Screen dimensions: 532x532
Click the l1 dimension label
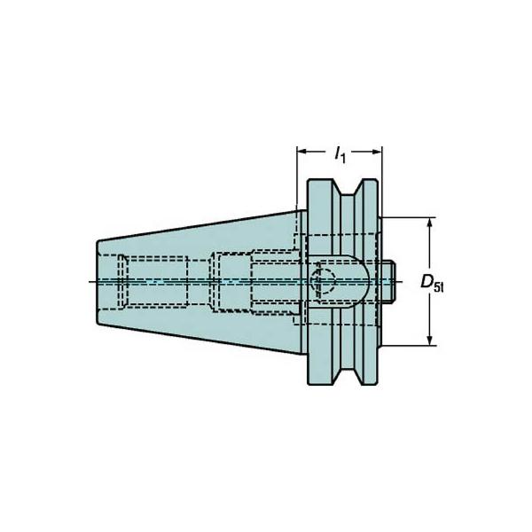pos(340,155)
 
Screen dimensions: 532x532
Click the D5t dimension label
pos(432,282)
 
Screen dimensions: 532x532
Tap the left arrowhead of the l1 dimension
pos(302,152)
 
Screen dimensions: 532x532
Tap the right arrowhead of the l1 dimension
pos(378,152)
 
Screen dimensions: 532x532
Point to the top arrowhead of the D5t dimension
pos(429,223)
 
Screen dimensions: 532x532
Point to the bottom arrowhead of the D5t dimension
pos(429,340)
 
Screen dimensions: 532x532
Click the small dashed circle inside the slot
pos(323,281)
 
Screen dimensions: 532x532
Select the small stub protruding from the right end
pos(387,281)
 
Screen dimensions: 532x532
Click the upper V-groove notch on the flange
pos(348,188)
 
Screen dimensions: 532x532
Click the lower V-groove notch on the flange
pos(348,376)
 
